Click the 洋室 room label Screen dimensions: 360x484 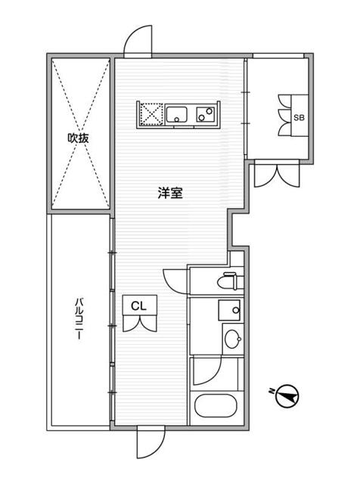coord(170,194)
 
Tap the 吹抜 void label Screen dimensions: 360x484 coord(79,138)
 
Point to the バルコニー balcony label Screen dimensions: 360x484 coord(79,318)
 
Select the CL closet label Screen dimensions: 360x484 coord(138,306)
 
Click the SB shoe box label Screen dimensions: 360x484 coord(299,118)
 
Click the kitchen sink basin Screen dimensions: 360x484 coord(177,115)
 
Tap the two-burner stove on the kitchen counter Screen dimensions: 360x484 coord(206,114)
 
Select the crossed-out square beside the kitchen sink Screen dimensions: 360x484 coord(151,114)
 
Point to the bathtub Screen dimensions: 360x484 coord(216,405)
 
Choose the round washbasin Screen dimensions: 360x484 coord(233,339)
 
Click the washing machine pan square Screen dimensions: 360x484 coord(229,310)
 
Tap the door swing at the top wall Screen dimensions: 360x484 coord(138,41)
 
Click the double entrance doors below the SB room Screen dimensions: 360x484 coord(277,175)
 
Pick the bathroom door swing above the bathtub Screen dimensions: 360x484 coord(207,371)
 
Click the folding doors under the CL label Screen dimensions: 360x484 coord(140,324)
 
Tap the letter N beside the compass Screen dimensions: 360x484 coord(272,392)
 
